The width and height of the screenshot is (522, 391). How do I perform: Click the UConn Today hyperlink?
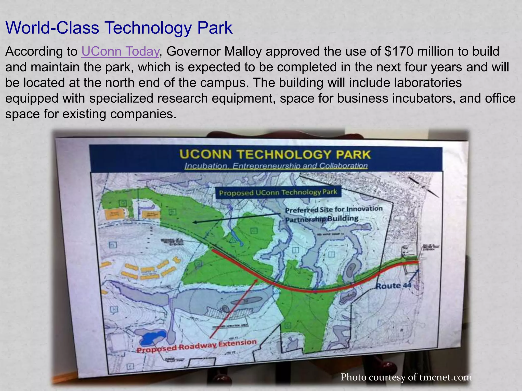click(120, 51)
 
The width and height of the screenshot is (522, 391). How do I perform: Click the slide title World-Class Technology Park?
click(119, 28)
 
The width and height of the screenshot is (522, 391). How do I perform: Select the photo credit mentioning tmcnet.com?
click(406, 377)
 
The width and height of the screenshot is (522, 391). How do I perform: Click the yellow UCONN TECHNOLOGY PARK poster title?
click(275, 155)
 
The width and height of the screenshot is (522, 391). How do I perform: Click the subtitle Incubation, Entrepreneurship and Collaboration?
click(276, 166)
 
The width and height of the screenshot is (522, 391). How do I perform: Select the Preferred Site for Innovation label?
click(334, 210)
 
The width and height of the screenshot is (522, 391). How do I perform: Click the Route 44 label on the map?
click(394, 286)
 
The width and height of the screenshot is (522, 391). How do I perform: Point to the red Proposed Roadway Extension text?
click(197, 346)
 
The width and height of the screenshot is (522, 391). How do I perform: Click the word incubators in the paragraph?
click(422, 99)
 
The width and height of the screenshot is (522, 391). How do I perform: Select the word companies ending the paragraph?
click(143, 114)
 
